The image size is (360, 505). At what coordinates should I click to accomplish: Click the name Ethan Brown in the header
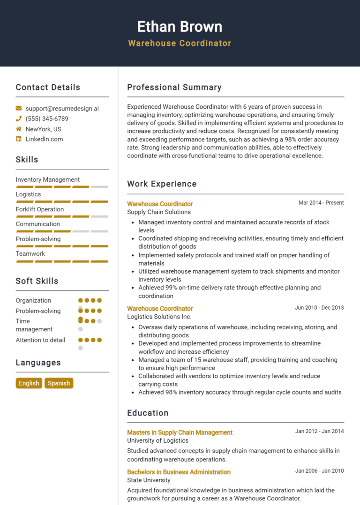pos(180,26)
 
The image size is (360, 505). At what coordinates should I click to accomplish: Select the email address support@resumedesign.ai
pos(62,108)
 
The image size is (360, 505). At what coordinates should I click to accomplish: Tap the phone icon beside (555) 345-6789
pos(19,119)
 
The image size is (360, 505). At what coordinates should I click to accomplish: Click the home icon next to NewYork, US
pos(19,129)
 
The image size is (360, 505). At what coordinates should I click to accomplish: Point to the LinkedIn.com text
pos(44,139)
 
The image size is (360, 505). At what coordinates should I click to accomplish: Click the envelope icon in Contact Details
pos(19,108)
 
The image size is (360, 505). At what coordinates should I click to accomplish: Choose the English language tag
pos(29,383)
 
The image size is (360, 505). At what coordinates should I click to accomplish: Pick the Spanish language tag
pos(59,383)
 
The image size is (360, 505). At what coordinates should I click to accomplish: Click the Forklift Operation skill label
pos(40,209)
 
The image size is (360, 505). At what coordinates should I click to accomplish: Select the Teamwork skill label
pos(30,254)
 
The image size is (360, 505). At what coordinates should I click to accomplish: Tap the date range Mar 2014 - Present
pos(321,203)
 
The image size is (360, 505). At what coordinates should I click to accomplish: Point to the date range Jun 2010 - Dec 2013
pos(319,308)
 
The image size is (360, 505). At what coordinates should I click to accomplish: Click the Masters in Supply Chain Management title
pos(180,432)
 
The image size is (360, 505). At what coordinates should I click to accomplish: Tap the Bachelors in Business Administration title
pos(179,472)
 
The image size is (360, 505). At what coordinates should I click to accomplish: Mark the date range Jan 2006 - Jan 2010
pos(319,471)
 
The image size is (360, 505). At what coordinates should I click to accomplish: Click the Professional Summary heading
pos(174,87)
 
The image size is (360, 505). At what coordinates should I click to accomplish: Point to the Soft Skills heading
pos(37,281)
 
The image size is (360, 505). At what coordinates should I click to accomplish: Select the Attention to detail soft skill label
pos(40,340)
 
